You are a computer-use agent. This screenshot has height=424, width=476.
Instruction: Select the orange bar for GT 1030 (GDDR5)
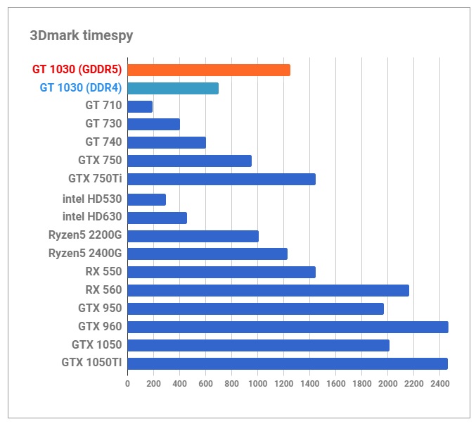[x=209, y=70]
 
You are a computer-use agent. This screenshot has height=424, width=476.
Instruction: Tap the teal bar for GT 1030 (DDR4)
[x=173, y=88]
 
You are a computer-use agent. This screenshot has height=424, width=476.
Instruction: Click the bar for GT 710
[x=140, y=106]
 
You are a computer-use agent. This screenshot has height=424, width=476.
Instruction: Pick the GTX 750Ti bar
[x=221, y=179]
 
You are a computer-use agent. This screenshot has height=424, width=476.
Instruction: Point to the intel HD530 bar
[x=146, y=199]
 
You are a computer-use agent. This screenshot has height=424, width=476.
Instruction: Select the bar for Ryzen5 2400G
[x=207, y=254]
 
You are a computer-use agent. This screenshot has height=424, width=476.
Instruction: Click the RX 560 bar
[x=268, y=290]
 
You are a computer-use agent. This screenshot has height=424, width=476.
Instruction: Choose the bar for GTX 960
[x=288, y=327]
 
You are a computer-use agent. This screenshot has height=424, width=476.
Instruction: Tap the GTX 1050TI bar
[x=288, y=363]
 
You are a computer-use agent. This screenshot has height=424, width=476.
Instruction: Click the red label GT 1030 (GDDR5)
[x=77, y=70]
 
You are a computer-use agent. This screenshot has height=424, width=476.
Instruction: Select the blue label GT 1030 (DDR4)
[x=80, y=88]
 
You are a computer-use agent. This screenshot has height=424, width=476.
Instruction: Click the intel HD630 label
[x=92, y=218]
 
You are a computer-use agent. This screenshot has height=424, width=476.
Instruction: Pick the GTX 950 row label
[x=100, y=308]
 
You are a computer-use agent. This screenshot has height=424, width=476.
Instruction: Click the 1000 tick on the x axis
[x=257, y=384]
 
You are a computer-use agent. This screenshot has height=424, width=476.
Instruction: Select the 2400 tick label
[x=439, y=384]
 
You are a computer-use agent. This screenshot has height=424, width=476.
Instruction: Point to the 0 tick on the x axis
[x=127, y=384]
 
